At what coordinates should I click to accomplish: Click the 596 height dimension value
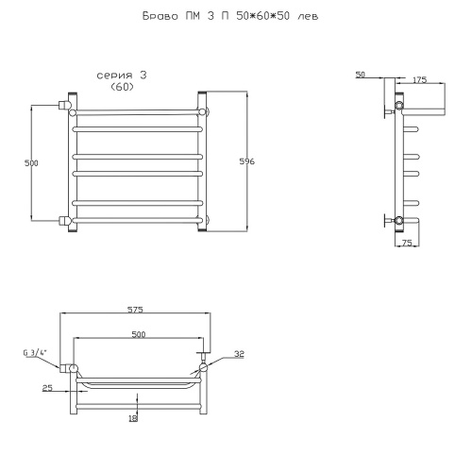pyautogui.click(x=246, y=161)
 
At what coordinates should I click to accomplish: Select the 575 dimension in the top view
pyautogui.click(x=135, y=310)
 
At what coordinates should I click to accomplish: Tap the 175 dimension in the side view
pyautogui.click(x=419, y=80)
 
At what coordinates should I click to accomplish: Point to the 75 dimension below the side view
pyautogui.click(x=407, y=243)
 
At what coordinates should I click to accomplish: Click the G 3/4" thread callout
pyautogui.click(x=35, y=353)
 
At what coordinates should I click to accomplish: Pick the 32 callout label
pyautogui.click(x=239, y=354)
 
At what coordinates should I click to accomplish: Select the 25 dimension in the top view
pyautogui.click(x=47, y=388)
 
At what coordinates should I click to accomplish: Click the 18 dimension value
pyautogui.click(x=133, y=418)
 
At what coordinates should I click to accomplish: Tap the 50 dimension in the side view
pyautogui.click(x=361, y=75)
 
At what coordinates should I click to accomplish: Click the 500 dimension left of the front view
pyautogui.click(x=31, y=163)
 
